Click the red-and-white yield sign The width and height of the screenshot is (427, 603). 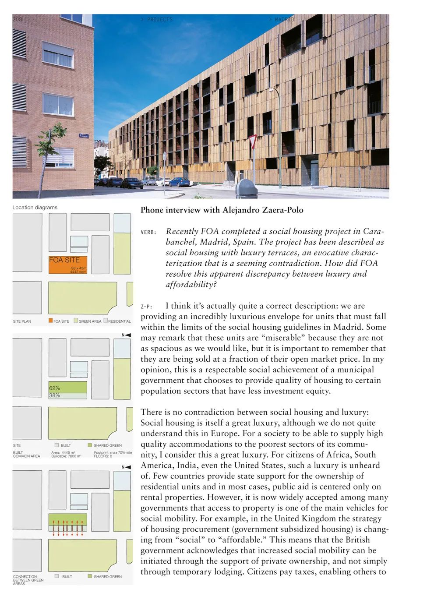tap(252, 142)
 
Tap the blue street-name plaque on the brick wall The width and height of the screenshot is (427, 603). tap(84, 136)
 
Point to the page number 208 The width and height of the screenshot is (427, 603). tap(17, 19)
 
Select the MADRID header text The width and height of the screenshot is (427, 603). tap(284, 20)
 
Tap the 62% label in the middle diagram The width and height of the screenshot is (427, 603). tap(55, 388)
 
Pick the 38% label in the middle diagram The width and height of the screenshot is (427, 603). tap(55, 395)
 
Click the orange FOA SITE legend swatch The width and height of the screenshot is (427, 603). tap(51, 321)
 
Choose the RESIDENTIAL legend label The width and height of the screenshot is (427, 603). tap(120, 321)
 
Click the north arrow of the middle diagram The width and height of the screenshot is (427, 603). tap(127, 335)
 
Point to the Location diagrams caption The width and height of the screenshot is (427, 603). tap(35, 208)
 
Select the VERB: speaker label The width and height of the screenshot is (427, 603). tap(148, 233)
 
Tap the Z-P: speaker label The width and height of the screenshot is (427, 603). tap(147, 307)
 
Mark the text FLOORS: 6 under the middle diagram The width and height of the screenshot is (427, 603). tap(103, 456)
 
